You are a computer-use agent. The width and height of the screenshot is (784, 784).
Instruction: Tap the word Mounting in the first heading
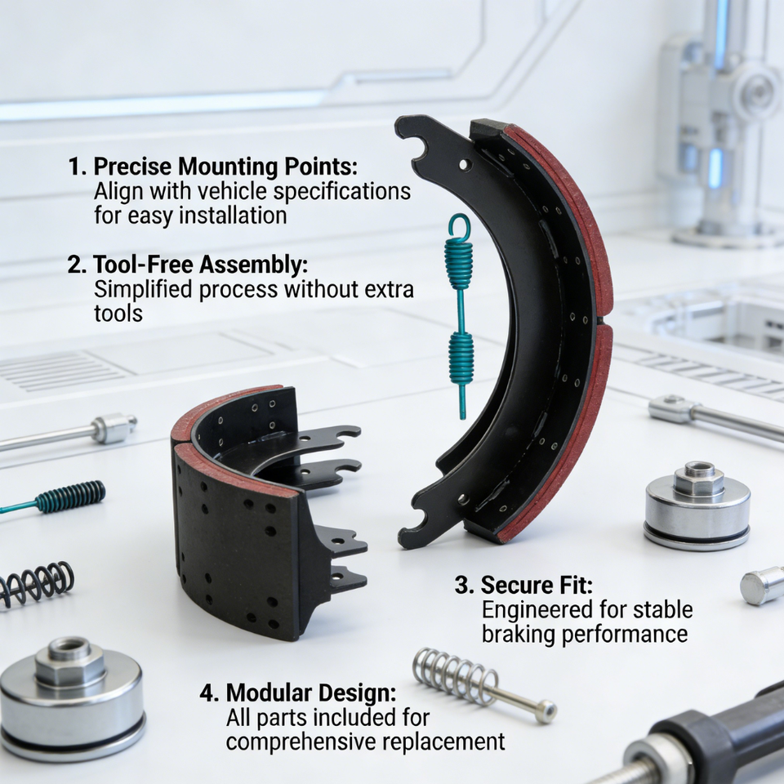pos(228,167)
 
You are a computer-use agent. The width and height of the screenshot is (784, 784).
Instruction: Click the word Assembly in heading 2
pos(253,265)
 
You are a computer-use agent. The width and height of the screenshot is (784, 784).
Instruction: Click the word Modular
pos(269,693)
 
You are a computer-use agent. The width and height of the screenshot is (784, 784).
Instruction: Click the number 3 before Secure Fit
pos(463,586)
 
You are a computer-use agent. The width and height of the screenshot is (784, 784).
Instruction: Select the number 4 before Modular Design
pos(208,693)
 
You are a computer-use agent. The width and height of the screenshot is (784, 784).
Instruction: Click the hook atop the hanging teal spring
pos(459,225)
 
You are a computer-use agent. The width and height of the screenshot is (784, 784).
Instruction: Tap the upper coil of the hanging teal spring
pos(458,263)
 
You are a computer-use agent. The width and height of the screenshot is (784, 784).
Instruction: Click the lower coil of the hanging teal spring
pos(461,358)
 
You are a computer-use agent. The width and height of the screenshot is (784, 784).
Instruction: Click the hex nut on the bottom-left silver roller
pos(70,661)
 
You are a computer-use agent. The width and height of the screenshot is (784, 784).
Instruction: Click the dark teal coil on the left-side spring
pos(70,496)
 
